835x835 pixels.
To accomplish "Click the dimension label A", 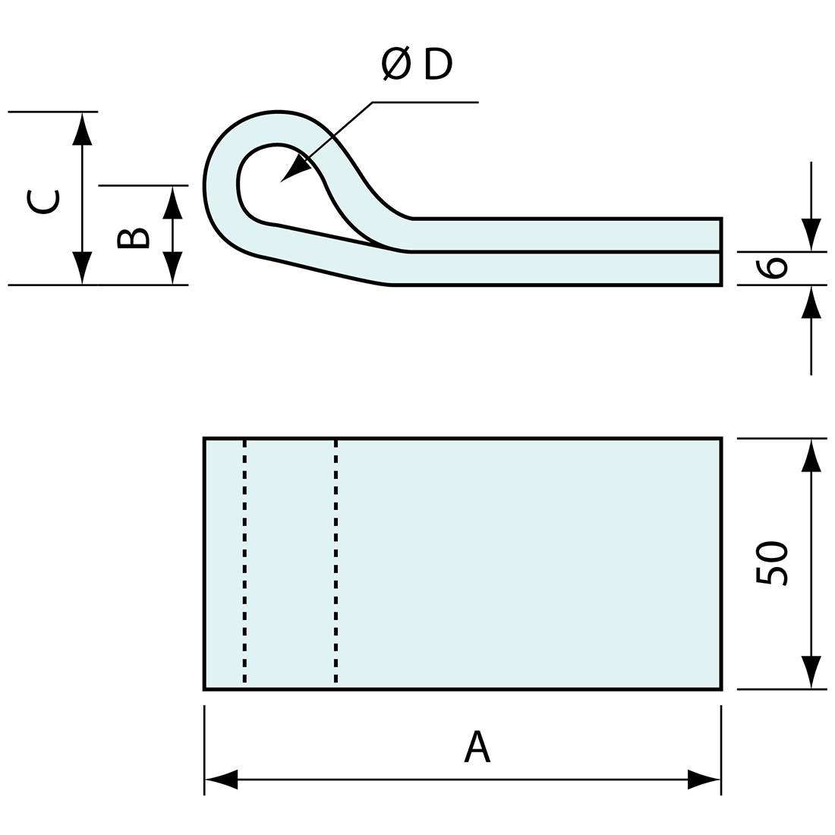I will (477, 747).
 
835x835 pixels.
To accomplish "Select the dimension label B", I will (133, 238).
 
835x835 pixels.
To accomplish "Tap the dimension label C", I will (42, 200).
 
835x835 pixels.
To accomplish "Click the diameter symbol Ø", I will (397, 64).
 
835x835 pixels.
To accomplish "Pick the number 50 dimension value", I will (773, 563).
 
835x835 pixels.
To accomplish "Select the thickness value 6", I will (774, 268).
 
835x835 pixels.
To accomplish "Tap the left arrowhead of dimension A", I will (221, 779).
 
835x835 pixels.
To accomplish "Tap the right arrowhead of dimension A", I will (704, 779).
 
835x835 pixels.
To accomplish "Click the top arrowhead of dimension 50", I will (811, 455).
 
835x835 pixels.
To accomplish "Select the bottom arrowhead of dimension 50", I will (811, 673).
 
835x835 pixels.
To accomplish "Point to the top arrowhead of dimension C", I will (82, 128).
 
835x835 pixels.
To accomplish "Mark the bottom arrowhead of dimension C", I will (82, 268).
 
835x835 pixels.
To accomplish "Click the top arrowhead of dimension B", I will (173, 202).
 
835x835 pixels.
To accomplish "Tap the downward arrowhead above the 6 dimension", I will (811, 235).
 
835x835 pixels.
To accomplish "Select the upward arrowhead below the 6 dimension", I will (811, 302).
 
